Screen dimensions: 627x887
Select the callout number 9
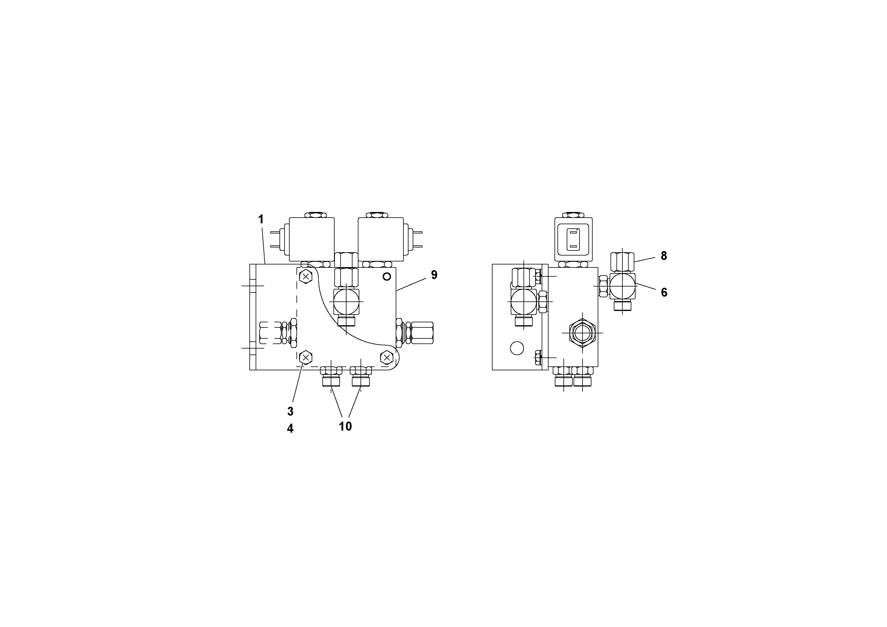coord(434,275)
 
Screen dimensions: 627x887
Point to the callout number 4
coord(290,428)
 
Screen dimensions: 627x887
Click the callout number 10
coord(345,426)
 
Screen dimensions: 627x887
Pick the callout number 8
coord(664,256)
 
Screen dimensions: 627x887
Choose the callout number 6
coord(664,292)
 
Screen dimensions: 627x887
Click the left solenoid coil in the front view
coord(312,239)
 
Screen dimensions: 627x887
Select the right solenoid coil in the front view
coord(380,239)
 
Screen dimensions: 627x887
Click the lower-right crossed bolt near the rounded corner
coord(386,357)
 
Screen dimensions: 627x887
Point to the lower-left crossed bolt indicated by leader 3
coord(306,357)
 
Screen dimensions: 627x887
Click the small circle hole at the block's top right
coord(386,276)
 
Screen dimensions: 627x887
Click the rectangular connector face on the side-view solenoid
coord(573,239)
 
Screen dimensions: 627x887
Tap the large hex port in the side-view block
coord(582,332)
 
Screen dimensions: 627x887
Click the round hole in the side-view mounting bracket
coord(517,348)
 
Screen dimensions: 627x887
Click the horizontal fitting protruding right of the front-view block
coord(421,332)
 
